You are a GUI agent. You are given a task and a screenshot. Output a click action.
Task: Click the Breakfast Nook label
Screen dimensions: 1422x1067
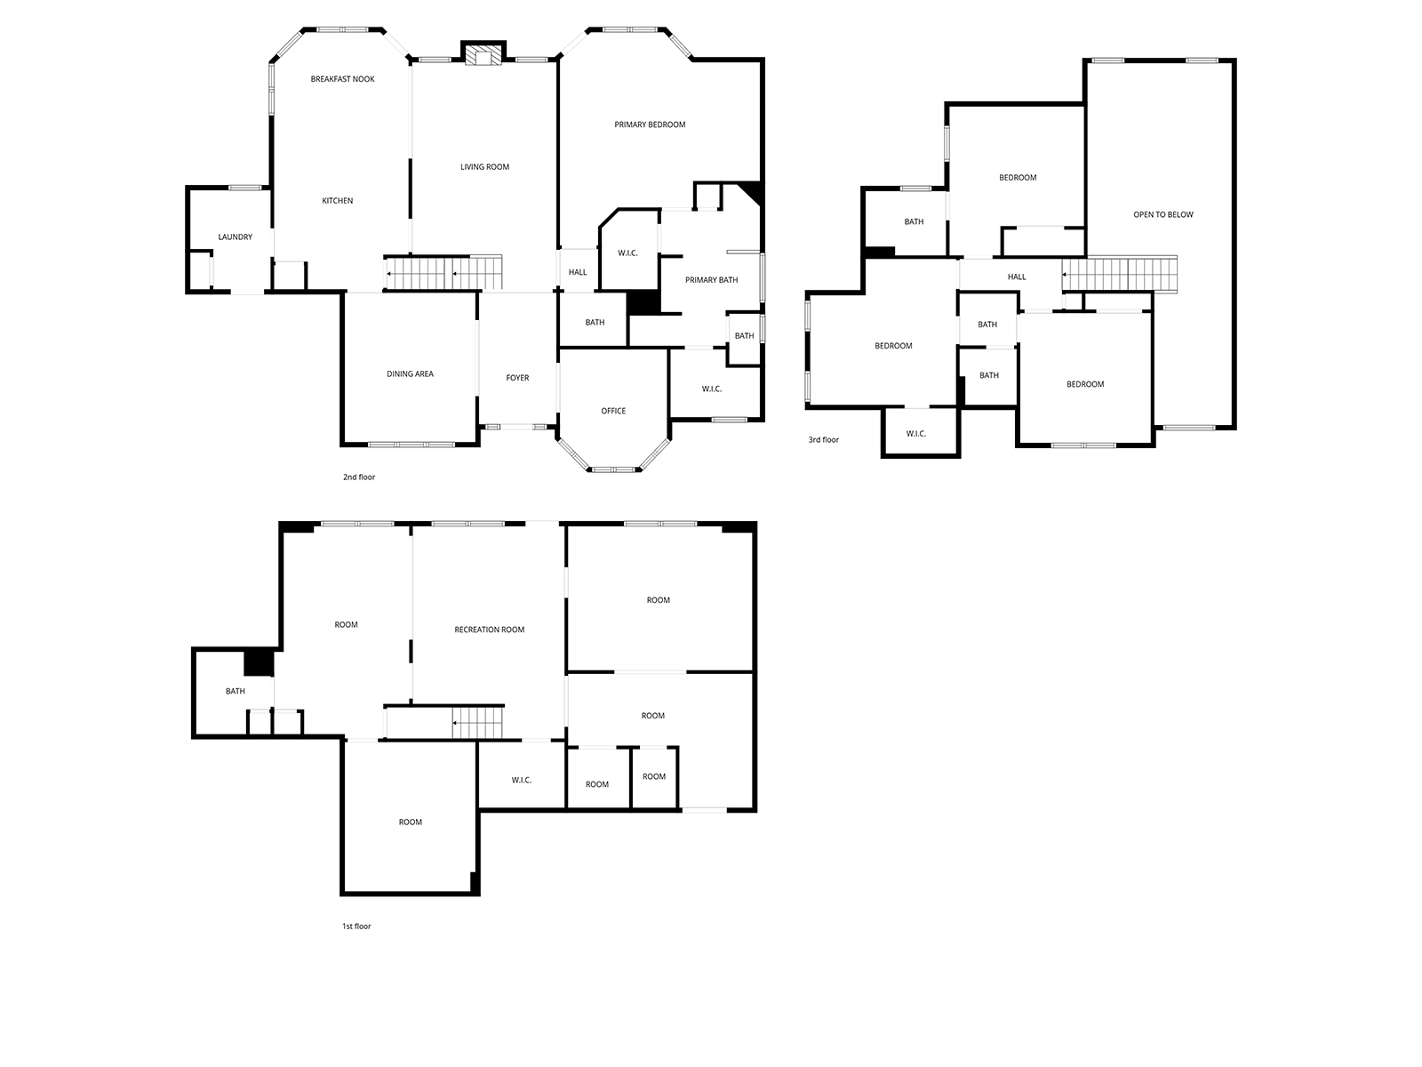click(x=342, y=79)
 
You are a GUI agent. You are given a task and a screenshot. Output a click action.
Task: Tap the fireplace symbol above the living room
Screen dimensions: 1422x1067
click(x=483, y=54)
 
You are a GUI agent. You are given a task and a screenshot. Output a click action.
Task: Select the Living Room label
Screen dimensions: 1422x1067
click(x=484, y=167)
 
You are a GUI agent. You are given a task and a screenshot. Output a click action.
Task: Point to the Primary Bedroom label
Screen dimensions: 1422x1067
click(x=650, y=124)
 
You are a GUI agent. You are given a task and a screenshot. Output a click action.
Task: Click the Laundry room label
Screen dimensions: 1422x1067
click(x=236, y=237)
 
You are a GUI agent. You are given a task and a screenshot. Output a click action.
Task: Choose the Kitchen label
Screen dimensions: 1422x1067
click(x=338, y=201)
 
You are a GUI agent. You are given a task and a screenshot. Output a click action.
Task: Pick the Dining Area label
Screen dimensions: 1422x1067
click(x=410, y=373)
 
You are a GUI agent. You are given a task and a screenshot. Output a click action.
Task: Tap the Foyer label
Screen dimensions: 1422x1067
click(x=517, y=378)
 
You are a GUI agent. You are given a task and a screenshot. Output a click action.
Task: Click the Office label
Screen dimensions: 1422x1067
click(x=613, y=411)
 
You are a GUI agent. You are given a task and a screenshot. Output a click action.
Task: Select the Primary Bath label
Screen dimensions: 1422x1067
click(x=711, y=280)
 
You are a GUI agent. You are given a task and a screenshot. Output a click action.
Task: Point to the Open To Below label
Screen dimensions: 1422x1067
click(x=1162, y=214)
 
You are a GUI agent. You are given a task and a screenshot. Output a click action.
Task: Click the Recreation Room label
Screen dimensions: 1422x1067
click(x=489, y=630)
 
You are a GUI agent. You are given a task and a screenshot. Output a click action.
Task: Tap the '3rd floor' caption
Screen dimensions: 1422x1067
click(x=823, y=440)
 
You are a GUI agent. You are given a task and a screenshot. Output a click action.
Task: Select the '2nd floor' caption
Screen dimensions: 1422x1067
click(x=359, y=477)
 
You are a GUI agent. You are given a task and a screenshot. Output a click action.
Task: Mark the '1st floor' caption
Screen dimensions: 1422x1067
click(x=356, y=927)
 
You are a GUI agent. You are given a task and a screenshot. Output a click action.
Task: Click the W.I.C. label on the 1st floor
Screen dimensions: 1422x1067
click(x=522, y=780)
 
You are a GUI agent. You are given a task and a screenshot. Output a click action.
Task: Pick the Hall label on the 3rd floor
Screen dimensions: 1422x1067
click(x=1017, y=277)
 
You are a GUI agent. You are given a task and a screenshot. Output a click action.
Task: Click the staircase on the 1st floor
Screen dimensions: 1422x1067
click(x=477, y=723)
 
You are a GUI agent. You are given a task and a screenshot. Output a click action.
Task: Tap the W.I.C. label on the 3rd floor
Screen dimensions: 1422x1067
click(x=916, y=434)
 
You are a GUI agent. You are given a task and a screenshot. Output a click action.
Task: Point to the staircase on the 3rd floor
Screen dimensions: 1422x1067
click(x=1120, y=275)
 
